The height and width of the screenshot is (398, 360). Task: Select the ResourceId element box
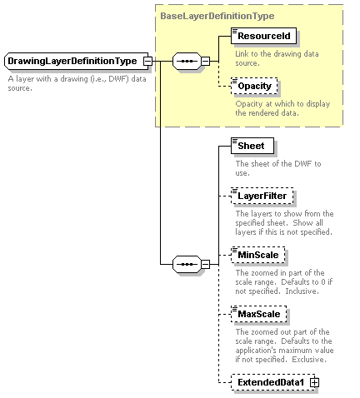tap(263, 36)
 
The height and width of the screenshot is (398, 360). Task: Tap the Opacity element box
tap(254, 86)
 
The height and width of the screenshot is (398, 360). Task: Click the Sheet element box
tap(252, 146)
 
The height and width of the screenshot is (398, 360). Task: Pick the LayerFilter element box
tap(262, 196)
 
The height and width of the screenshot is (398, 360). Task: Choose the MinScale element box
tap(257, 255)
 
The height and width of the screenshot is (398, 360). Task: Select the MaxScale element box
tap(258, 314)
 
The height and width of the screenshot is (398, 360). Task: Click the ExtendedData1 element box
tap(273, 382)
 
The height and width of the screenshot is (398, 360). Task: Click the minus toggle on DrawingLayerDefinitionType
tap(147, 61)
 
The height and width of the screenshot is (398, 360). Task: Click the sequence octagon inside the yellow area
tap(187, 61)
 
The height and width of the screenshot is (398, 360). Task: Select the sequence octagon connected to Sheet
tap(187, 264)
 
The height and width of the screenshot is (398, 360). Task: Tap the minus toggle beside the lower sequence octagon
tap(205, 264)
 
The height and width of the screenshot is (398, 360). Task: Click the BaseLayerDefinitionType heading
tap(217, 16)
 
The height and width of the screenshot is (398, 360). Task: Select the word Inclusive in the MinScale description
tap(302, 291)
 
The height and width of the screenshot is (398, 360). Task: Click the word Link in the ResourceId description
tap(242, 54)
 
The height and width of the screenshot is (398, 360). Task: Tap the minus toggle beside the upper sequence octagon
tap(205, 61)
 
